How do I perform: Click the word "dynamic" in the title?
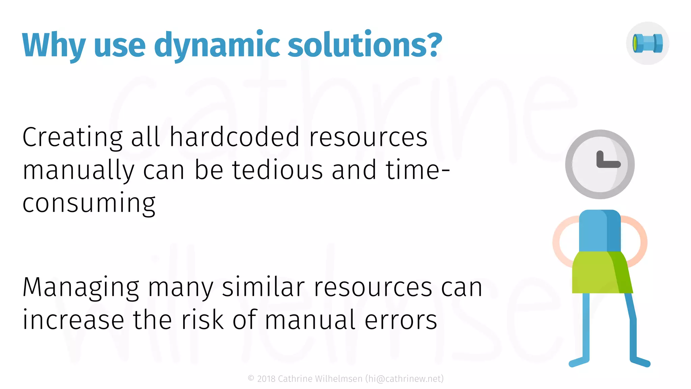point(217,45)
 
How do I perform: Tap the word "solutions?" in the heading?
point(365,45)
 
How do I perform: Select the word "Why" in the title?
point(54,45)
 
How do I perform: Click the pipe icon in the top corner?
point(647,44)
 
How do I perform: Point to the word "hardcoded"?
point(234,137)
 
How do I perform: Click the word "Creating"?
point(73,138)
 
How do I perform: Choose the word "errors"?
point(401,320)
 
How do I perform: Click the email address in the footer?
point(405,379)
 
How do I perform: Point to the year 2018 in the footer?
point(266,379)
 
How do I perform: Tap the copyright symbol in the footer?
point(251,379)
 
